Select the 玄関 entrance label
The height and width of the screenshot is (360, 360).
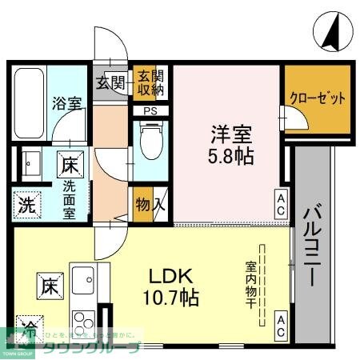tap(110, 82)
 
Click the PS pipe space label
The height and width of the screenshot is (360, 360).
tap(150, 110)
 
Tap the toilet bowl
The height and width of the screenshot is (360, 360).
tap(150, 143)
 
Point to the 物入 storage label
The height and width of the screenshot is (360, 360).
tap(150, 204)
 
